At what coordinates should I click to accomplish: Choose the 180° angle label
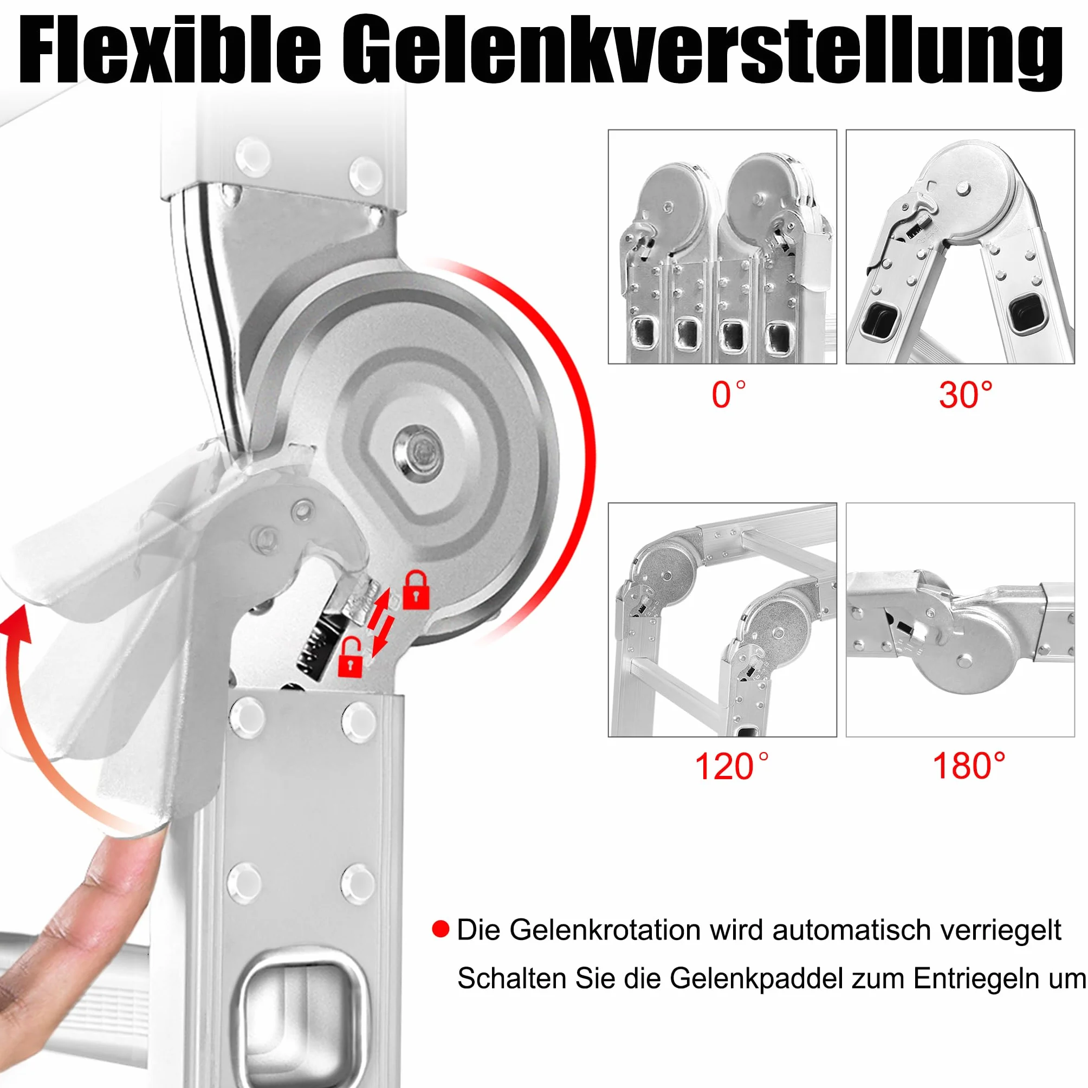coord(969,766)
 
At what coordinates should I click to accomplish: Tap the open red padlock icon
coord(349,656)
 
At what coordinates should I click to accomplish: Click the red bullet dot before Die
coord(441,929)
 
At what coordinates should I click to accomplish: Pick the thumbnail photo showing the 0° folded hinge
coord(722,247)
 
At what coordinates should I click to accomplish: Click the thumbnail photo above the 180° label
coord(960,620)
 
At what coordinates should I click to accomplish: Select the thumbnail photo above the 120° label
coord(722,620)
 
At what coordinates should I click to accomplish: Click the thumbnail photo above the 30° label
coord(960,247)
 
